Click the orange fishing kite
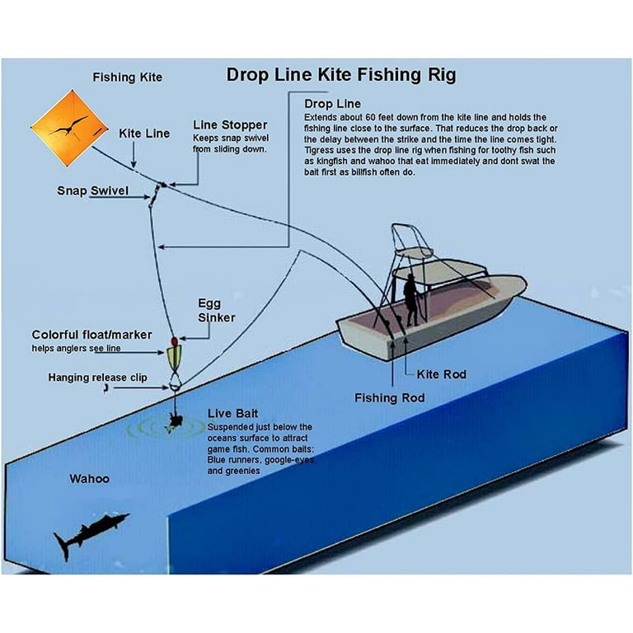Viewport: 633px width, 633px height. (x=69, y=128)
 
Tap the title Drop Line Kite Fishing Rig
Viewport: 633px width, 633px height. (x=340, y=75)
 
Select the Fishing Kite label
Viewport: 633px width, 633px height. (x=127, y=77)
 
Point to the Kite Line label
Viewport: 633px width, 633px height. (x=144, y=133)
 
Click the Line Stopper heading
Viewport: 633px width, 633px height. (x=229, y=124)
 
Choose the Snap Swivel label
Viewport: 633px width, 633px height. (x=92, y=190)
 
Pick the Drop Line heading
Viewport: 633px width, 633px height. (x=332, y=104)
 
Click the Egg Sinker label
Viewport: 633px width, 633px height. (x=216, y=310)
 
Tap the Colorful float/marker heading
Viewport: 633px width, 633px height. (x=90, y=335)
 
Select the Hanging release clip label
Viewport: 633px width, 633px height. (x=97, y=377)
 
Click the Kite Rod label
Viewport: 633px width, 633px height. (x=441, y=374)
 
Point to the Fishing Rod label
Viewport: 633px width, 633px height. (x=390, y=398)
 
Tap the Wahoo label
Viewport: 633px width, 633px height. (x=89, y=478)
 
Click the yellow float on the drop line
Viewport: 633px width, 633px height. (x=175, y=357)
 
